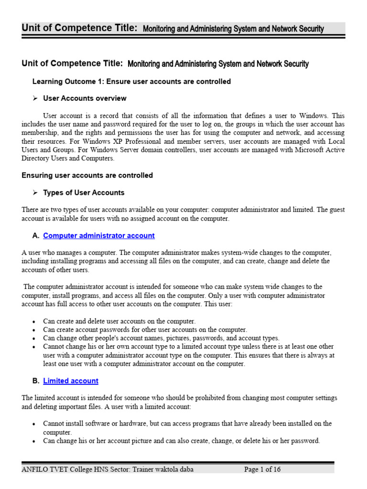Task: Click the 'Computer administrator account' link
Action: tap(98, 236)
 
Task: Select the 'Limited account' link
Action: tap(71, 381)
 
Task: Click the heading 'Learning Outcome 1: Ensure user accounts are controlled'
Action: tap(131, 82)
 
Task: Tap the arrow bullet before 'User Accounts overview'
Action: tap(35, 98)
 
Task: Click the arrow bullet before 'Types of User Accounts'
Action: tap(35, 193)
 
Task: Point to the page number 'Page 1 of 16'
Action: tap(262, 469)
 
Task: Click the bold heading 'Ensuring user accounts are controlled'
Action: tap(87, 176)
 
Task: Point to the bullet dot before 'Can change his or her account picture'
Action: tap(34, 442)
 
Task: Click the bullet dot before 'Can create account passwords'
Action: tap(34, 330)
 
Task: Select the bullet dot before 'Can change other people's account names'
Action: tap(34, 339)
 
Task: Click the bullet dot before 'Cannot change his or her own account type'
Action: tap(34, 347)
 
